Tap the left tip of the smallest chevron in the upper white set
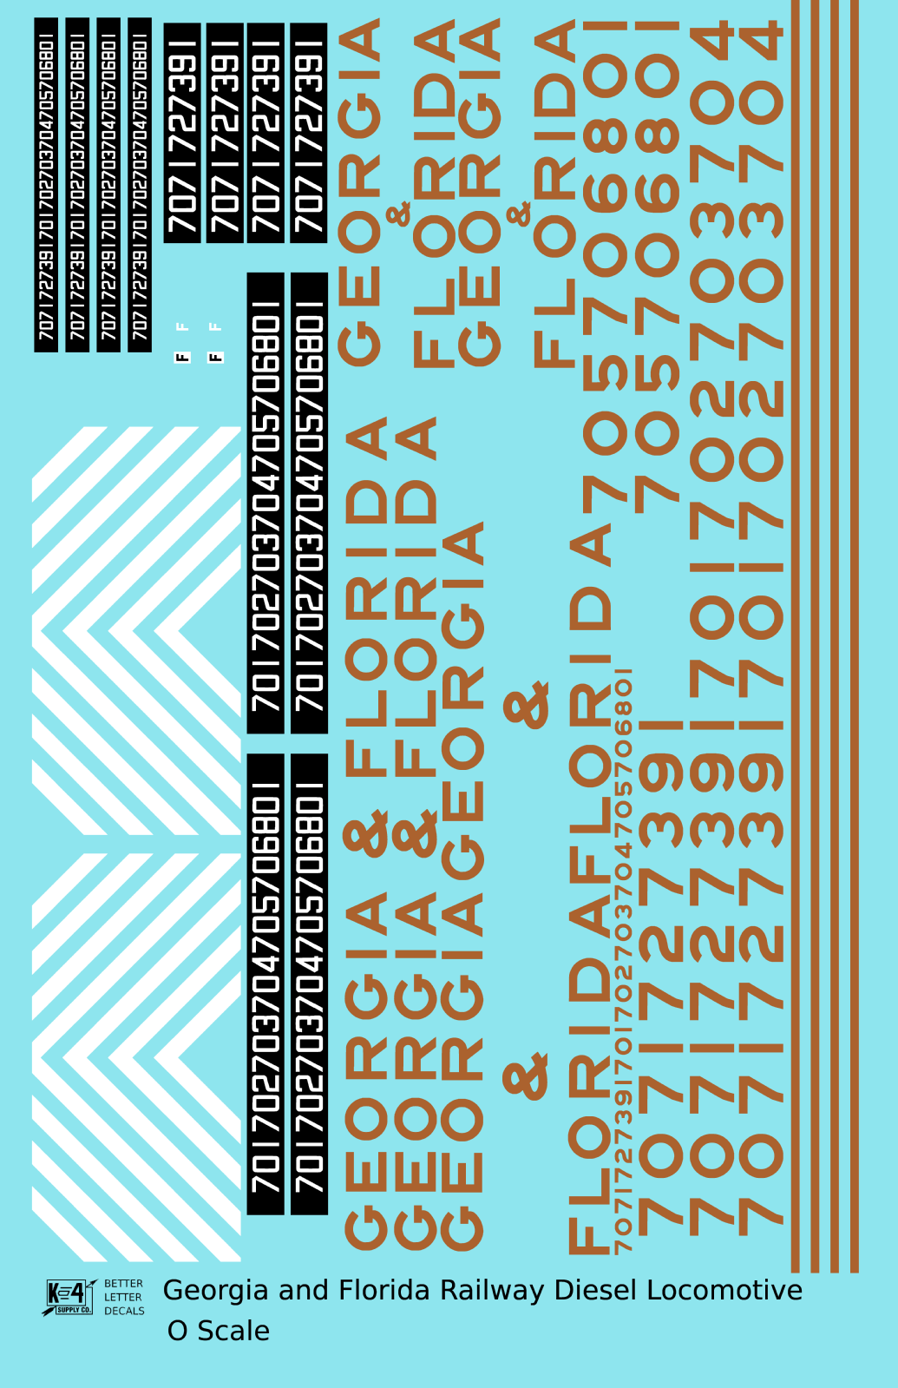154,633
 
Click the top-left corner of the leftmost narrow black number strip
35,18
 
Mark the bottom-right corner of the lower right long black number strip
328,1214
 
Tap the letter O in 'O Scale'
177,1332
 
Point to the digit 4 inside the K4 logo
78,1293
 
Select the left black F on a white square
182,357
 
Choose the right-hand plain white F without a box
215,326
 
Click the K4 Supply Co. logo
69,1297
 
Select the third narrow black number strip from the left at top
108,185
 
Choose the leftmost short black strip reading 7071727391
182,133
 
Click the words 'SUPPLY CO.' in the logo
74,1309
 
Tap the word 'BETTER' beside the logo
124,1283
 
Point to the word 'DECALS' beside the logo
124,1311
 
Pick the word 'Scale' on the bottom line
233,1332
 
